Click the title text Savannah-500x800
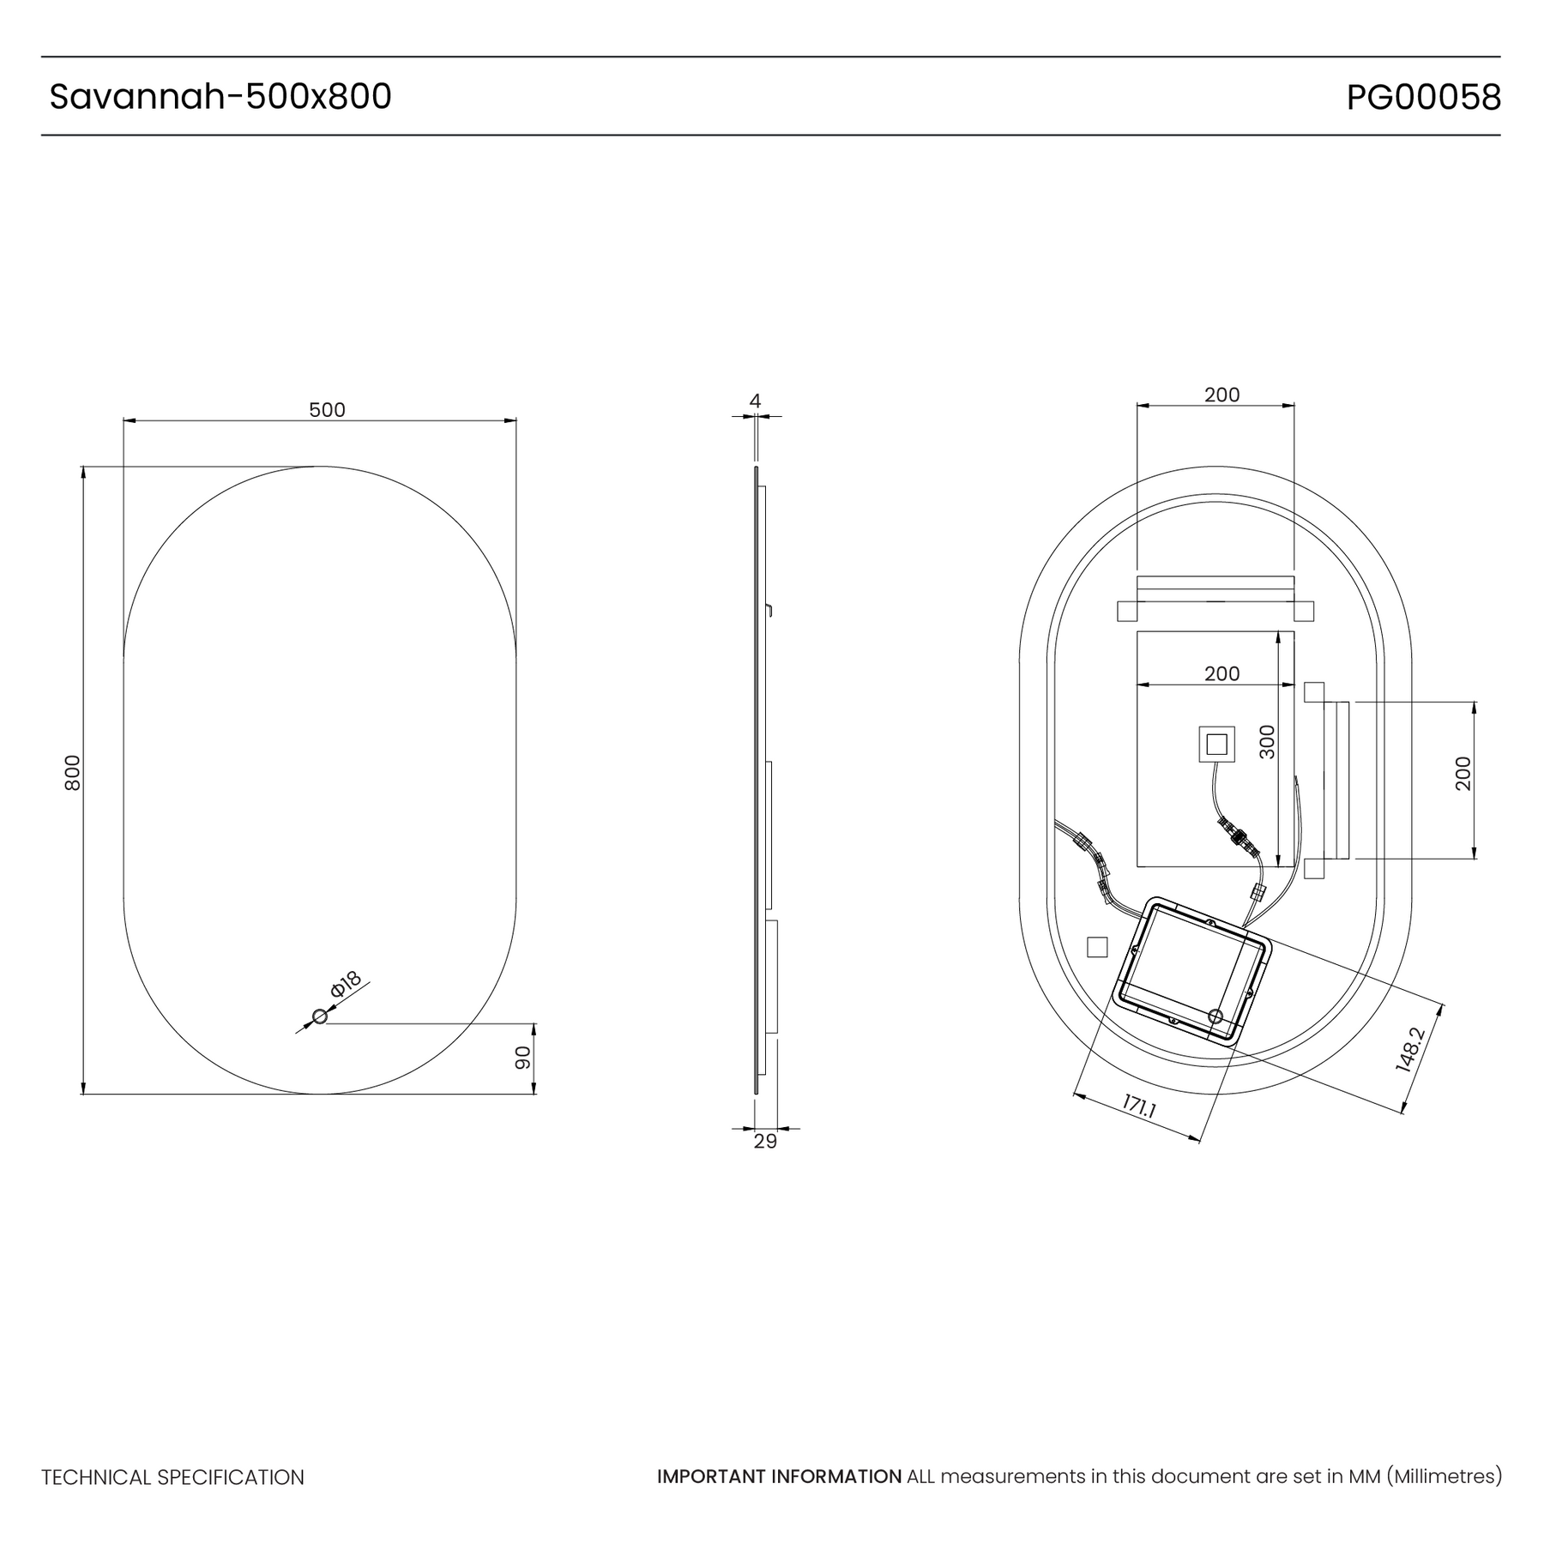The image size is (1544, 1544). [220, 97]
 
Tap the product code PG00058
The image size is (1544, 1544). [1424, 98]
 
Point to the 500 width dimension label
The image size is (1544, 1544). [327, 410]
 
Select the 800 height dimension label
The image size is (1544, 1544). [73, 773]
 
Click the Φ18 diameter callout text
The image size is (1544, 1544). [346, 983]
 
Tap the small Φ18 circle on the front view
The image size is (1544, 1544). [320, 1016]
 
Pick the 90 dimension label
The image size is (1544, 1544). [523, 1058]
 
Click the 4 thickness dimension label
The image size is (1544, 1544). [755, 401]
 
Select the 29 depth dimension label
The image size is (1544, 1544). [765, 1142]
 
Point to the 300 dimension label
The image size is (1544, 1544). [1267, 742]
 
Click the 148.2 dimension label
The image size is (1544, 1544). [1410, 1050]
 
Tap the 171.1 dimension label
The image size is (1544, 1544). [1139, 1107]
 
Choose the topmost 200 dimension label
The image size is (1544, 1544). [1221, 395]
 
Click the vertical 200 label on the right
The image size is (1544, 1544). [1463, 774]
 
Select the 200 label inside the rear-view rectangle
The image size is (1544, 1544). [1221, 673]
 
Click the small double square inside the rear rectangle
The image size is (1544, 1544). [1216, 744]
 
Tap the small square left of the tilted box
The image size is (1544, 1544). [1097, 947]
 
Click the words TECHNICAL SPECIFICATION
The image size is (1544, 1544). [173, 1478]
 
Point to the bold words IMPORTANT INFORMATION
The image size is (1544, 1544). [779, 1477]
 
